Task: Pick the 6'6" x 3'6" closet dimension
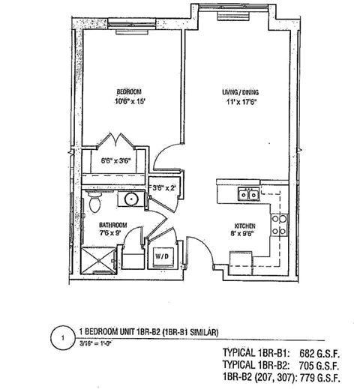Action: tap(115, 160)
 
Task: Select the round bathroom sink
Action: tap(130, 199)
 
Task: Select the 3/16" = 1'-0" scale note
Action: tap(99, 345)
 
